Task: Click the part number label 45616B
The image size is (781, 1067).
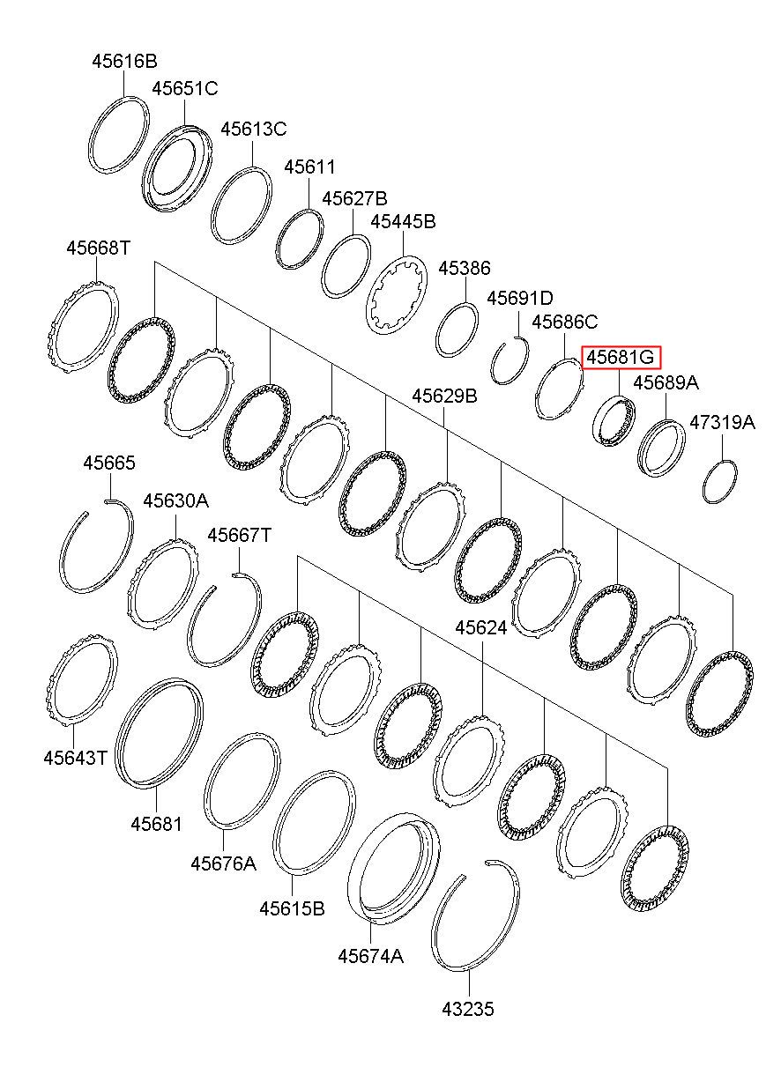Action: coord(124,62)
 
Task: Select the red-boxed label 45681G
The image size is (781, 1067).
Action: coord(621,357)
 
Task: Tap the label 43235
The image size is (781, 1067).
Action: coord(467,1009)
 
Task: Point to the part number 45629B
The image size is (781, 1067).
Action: coord(444,396)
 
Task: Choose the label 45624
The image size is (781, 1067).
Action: coord(480,628)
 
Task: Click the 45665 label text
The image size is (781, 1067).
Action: coord(109,463)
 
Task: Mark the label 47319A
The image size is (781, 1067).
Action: coord(722,422)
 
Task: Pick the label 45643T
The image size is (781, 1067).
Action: coord(75,758)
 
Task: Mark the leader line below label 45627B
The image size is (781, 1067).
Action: coord(353,221)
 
